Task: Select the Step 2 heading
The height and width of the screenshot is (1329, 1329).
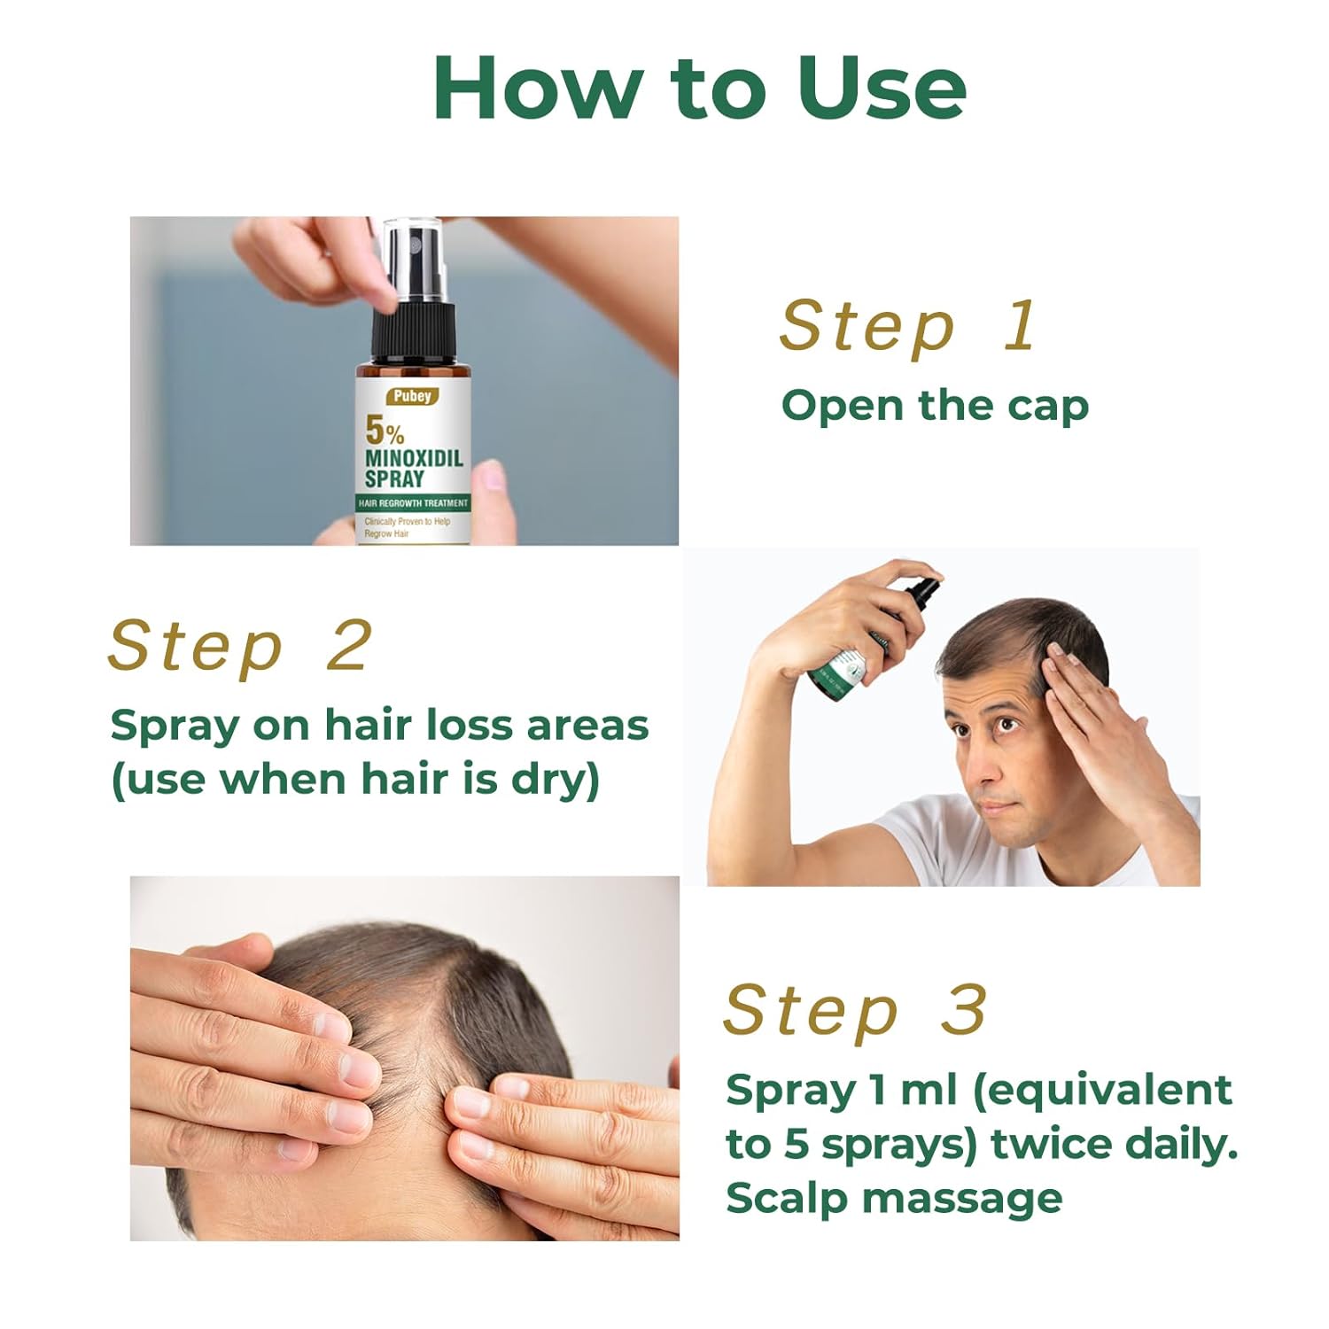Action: [238, 648]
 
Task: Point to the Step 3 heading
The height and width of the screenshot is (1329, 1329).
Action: [855, 1011]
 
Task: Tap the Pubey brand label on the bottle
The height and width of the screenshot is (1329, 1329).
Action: [408, 395]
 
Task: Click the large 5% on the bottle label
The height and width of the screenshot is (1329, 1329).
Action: [385, 431]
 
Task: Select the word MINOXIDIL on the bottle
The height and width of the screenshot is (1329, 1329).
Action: [414, 459]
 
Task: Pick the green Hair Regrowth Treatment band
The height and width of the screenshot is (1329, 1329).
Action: [413, 502]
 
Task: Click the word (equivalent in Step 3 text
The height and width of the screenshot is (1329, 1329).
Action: [1102, 1091]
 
